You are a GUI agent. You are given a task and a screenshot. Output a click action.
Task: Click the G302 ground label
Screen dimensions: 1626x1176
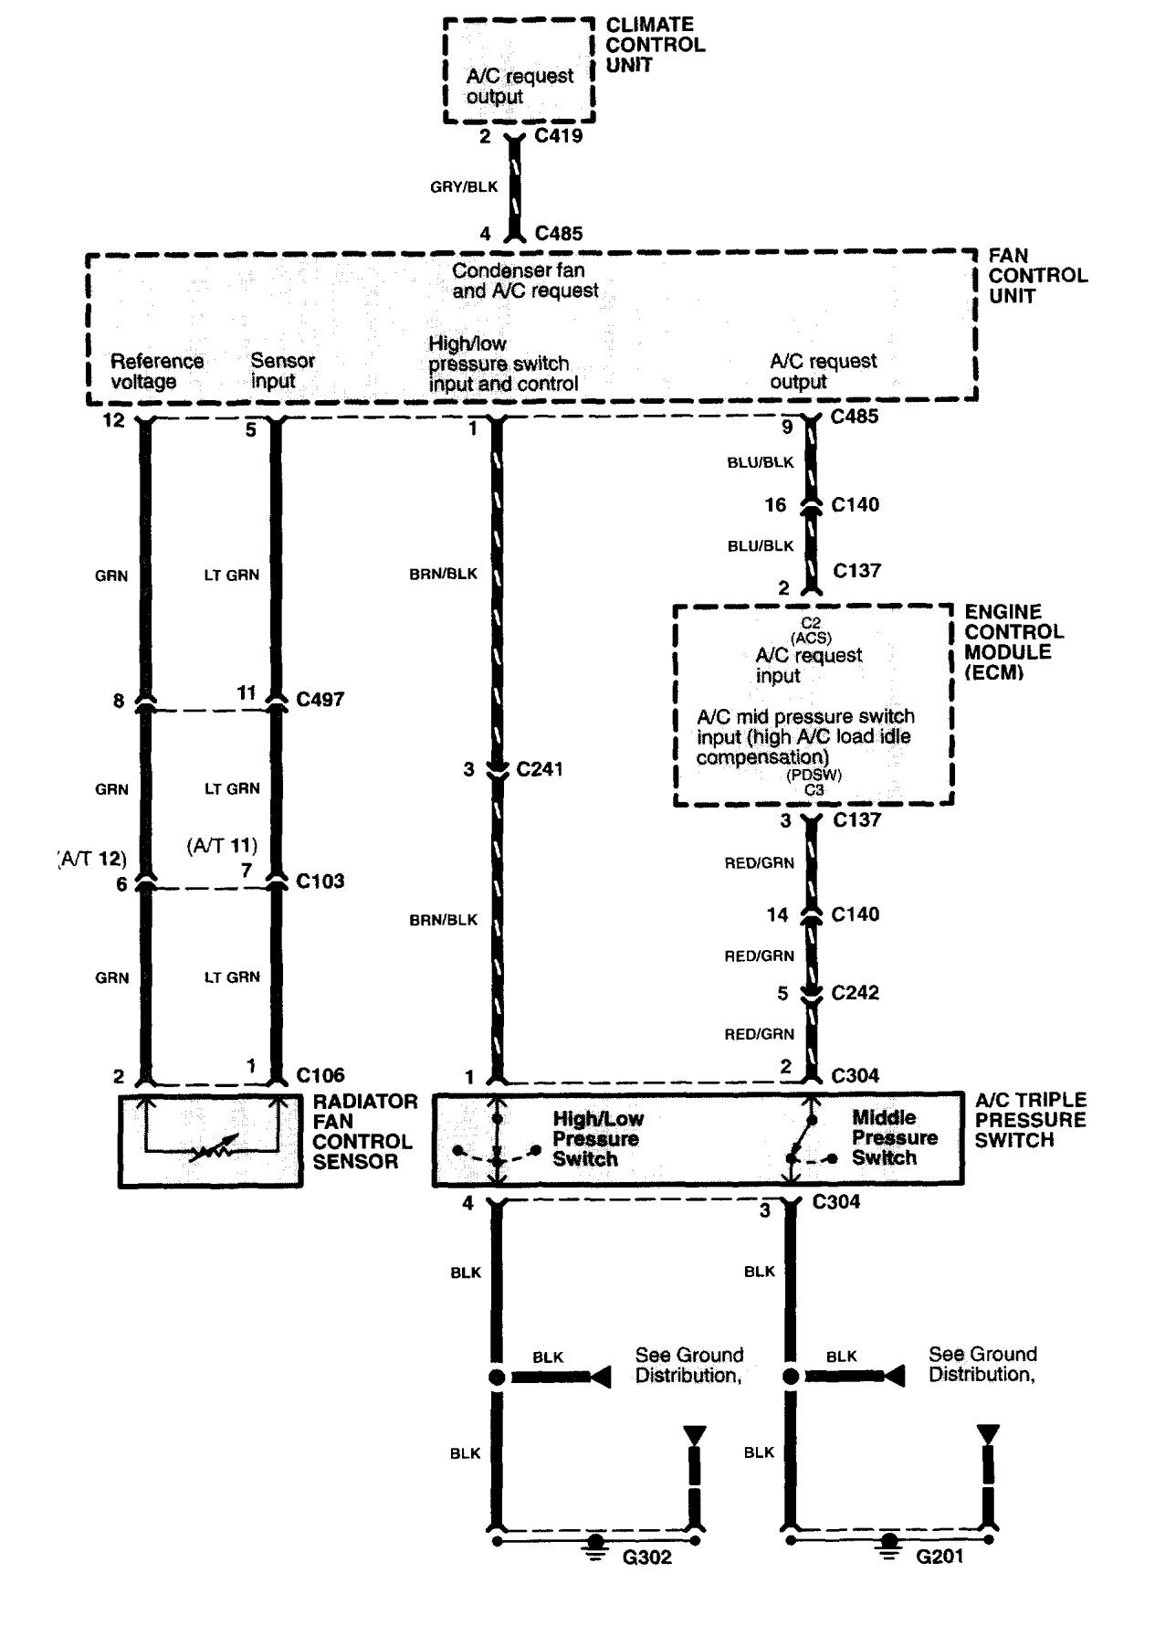[646, 1557]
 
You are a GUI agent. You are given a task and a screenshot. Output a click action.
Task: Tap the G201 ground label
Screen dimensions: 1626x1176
[940, 1556]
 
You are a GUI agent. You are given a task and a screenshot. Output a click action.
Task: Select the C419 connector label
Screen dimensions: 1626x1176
[559, 136]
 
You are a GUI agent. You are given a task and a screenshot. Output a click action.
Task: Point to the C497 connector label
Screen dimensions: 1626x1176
[320, 700]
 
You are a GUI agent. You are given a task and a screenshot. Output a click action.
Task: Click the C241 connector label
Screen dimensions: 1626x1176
[539, 769]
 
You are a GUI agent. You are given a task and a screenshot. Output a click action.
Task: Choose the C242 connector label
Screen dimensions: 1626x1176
[855, 993]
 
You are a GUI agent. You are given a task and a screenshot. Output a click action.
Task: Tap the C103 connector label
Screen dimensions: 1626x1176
[320, 882]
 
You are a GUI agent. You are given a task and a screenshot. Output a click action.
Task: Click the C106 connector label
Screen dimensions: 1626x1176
[320, 1075]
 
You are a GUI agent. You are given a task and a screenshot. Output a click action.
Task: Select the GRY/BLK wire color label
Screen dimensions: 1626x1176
[464, 186]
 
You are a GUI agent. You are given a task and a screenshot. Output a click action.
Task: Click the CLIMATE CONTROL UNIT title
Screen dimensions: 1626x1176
[655, 45]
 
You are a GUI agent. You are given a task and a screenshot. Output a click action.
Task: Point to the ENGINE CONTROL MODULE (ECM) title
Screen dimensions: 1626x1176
[1013, 642]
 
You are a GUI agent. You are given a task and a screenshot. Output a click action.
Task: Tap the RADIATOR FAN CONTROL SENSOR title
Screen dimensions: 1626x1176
[364, 1132]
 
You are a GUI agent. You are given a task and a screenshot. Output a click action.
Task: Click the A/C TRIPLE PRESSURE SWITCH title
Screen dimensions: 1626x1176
[1030, 1120]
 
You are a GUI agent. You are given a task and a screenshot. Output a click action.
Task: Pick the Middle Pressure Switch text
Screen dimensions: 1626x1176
[884, 1137]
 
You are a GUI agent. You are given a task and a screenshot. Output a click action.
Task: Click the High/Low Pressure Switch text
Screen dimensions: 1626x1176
[597, 1139]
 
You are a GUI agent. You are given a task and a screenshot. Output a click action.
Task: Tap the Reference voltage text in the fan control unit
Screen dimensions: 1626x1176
[156, 371]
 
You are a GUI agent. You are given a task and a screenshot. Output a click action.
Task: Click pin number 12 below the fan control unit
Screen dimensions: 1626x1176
[114, 422]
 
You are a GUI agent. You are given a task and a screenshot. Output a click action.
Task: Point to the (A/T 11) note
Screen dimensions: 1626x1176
[222, 846]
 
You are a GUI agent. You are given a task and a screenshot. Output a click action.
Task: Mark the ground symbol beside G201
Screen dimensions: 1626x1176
[887, 1544]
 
